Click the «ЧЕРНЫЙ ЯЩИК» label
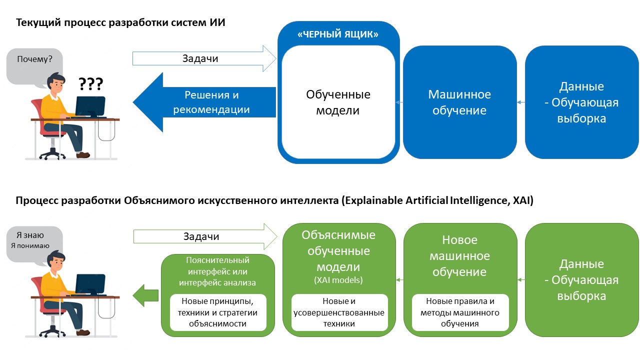click(338, 34)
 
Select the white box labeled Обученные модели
click(338, 102)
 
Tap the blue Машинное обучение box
click(459, 102)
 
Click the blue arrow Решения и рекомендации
click(210, 102)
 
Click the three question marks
click(90, 83)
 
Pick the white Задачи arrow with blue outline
click(204, 58)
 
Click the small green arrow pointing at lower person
click(145, 294)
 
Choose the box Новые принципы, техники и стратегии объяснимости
click(217, 312)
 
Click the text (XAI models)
click(338, 280)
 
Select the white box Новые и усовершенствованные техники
click(338, 312)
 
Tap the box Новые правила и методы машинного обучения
click(459, 312)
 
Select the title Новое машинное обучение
click(459, 256)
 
